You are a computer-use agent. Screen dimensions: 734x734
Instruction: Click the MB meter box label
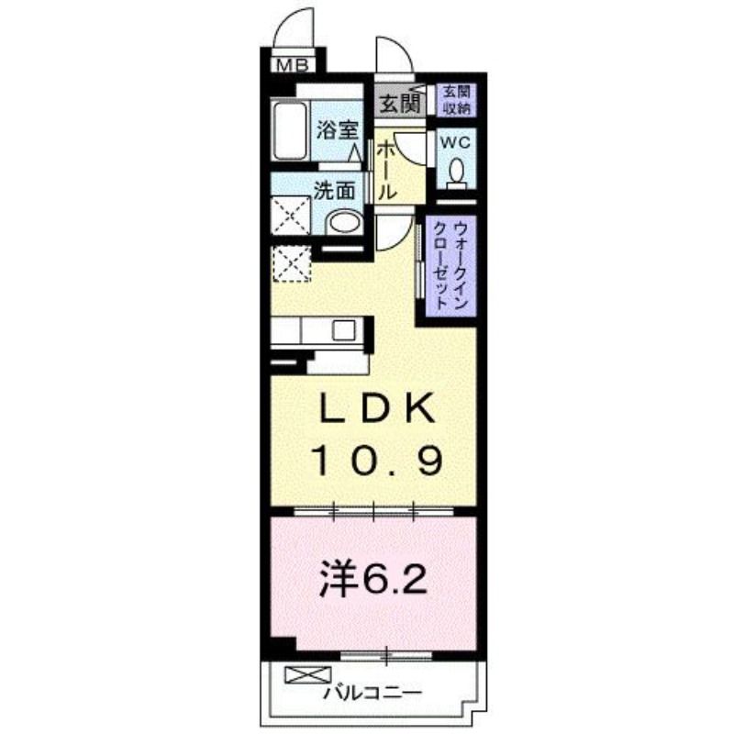point(293,64)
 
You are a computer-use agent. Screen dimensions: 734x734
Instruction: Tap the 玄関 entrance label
point(399,104)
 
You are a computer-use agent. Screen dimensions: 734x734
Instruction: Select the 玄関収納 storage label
point(456,100)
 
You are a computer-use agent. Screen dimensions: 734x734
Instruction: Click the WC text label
point(455,142)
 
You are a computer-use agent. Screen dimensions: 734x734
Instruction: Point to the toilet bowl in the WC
point(456,172)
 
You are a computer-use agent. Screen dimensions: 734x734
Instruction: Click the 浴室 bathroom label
point(337,129)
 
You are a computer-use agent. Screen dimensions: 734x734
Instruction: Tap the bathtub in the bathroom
point(290,131)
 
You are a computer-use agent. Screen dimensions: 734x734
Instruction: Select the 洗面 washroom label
point(334,191)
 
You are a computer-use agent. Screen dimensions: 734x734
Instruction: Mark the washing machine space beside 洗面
point(291,216)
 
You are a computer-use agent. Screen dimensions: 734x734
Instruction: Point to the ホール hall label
point(386,171)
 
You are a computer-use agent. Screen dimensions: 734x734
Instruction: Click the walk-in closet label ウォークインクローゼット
point(450,265)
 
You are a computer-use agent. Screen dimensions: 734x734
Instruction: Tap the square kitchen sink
point(344,331)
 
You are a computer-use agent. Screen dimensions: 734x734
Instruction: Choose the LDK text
point(377,408)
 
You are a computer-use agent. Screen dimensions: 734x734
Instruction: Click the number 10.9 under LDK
point(377,461)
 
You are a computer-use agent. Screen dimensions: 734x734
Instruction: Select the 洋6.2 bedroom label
point(373,581)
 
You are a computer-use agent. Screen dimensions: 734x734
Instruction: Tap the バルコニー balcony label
point(373,692)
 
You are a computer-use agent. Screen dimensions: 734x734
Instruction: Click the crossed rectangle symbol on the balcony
point(307,674)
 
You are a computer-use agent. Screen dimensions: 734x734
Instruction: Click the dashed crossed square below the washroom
point(291,263)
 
